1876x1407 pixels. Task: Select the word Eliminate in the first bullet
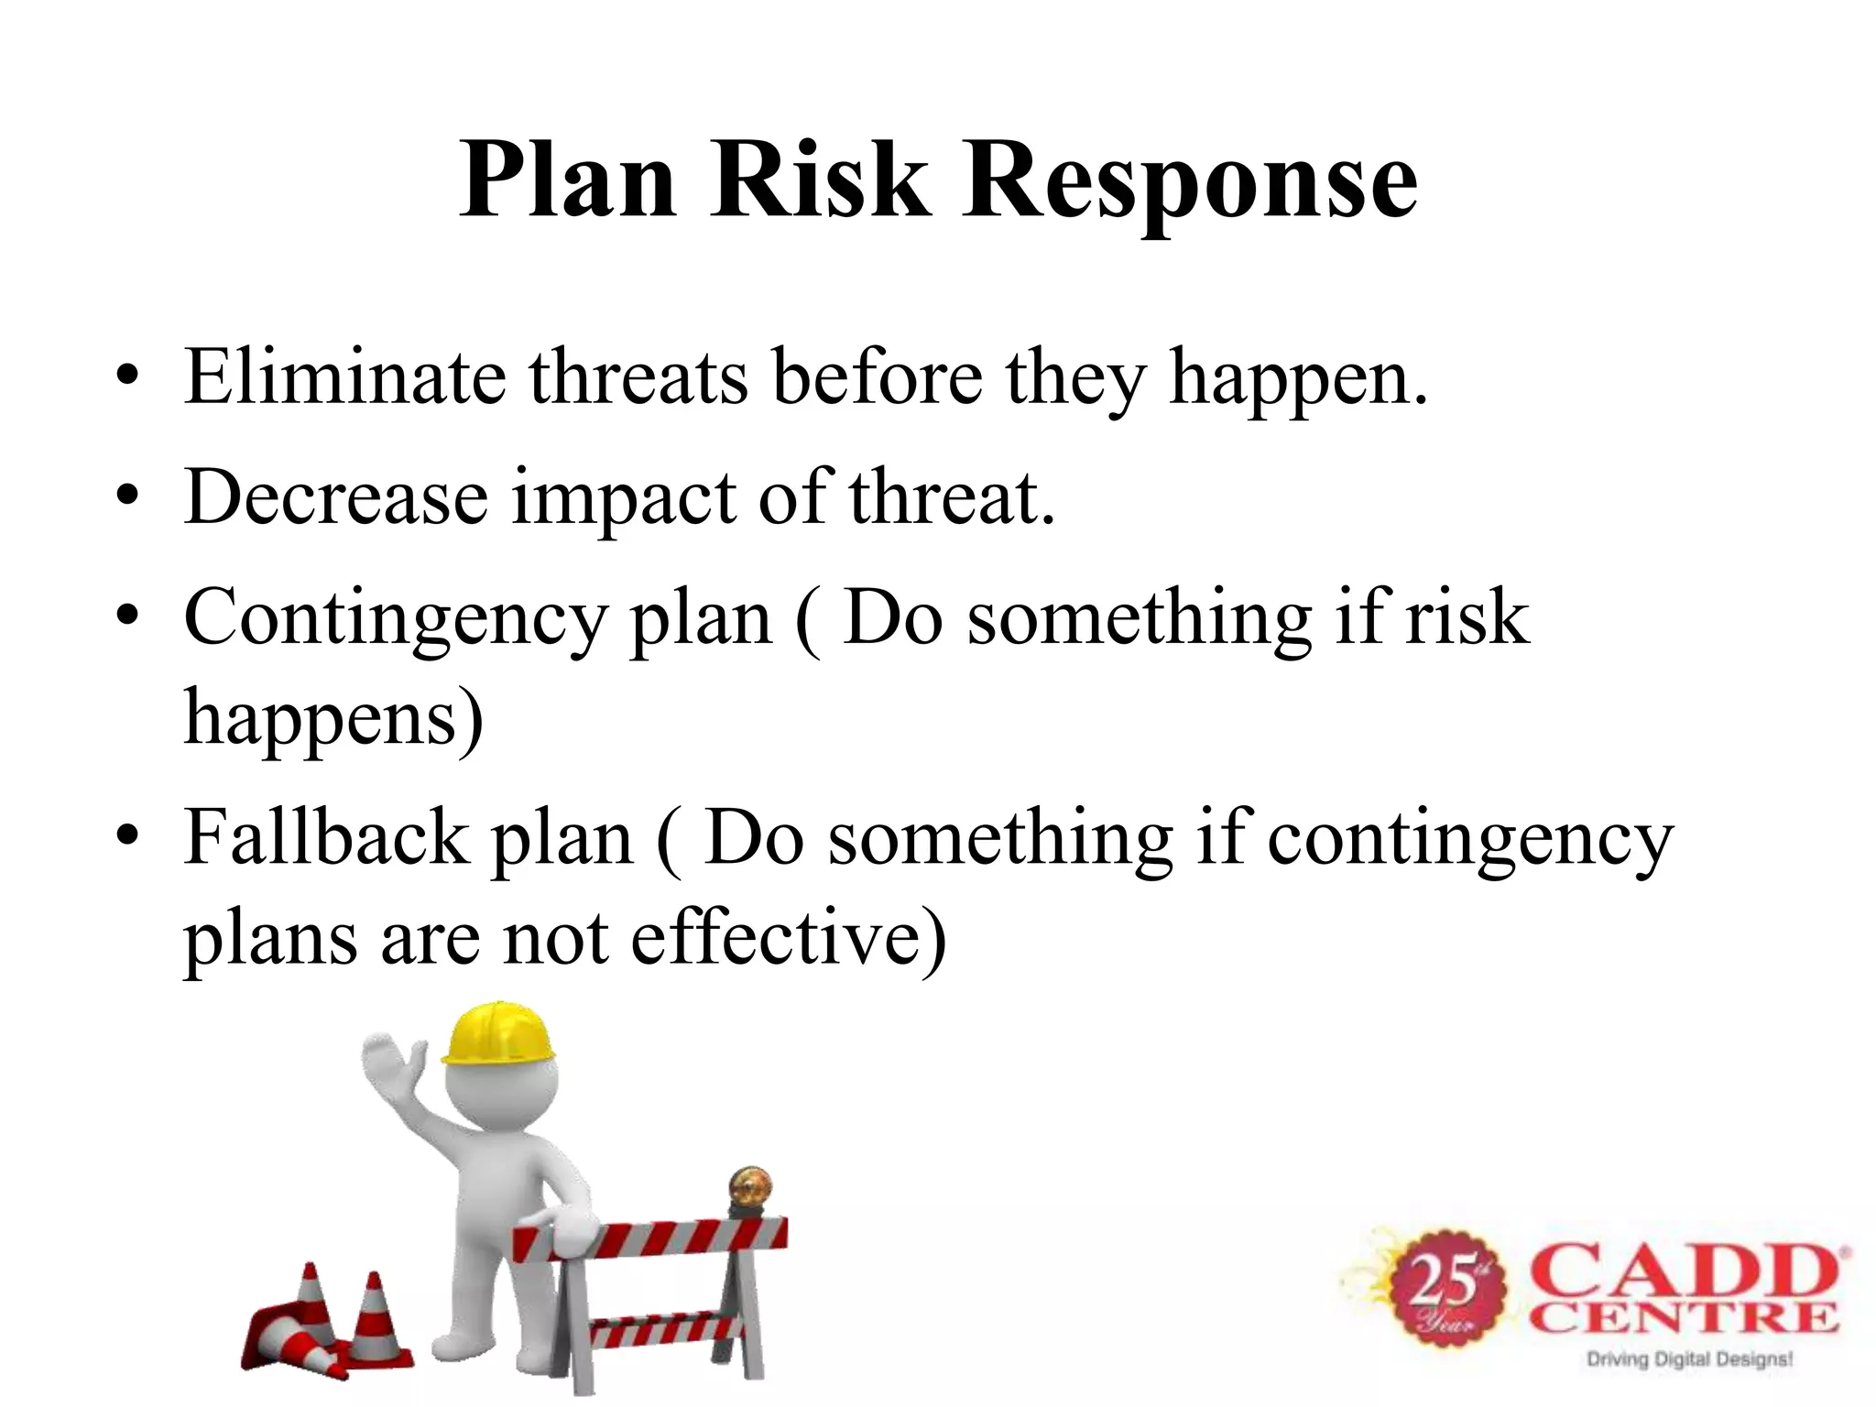point(344,376)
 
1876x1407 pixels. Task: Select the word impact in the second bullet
point(624,499)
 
